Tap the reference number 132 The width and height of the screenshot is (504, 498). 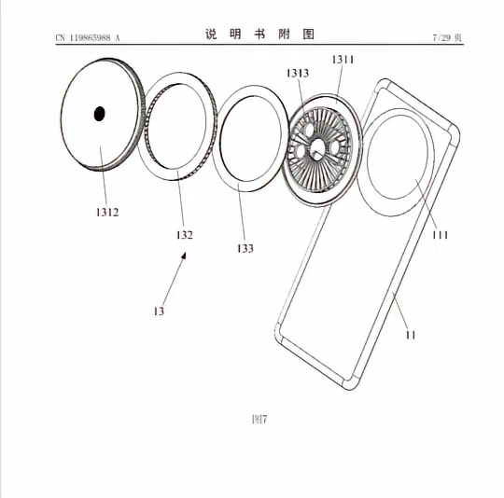point(185,235)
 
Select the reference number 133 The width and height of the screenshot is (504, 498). point(245,248)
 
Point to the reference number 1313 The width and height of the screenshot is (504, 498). point(299,74)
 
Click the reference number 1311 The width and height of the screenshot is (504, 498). point(343,59)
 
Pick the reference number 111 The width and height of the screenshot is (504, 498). point(440,235)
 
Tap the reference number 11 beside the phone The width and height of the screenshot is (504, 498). point(410,333)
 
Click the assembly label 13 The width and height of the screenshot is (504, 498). point(159,311)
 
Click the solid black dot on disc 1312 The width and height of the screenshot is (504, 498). point(99,114)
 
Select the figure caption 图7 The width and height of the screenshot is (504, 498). point(259,419)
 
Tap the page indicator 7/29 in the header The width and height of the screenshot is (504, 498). point(447,37)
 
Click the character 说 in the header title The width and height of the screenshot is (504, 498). point(211,35)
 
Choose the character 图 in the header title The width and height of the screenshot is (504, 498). point(308,35)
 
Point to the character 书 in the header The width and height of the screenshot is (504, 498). point(259,35)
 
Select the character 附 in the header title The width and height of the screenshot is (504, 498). point(284,35)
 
